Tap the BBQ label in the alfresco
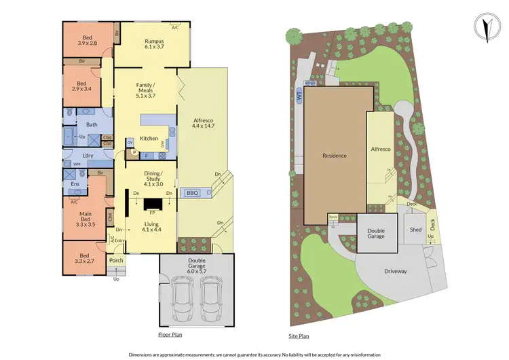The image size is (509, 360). tap(192, 193)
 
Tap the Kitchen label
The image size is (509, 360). tap(149, 139)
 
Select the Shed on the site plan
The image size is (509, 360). tap(415, 230)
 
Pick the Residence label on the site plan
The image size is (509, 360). tap(334, 156)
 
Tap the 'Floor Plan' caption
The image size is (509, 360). tap(170, 334)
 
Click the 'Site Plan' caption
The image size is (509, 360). tap(299, 336)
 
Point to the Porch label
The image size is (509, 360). tap(116, 260)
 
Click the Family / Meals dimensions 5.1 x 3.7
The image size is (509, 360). tap(145, 96)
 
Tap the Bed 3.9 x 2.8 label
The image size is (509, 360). tap(87, 39)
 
